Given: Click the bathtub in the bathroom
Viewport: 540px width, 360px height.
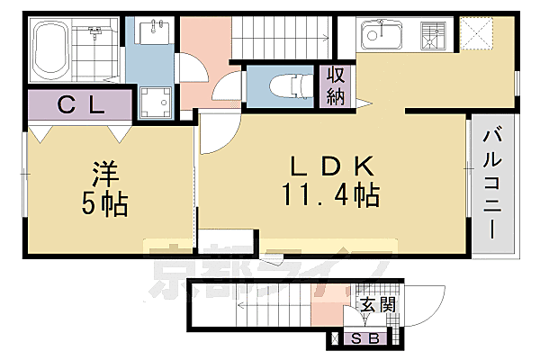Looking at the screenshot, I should [51, 52].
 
